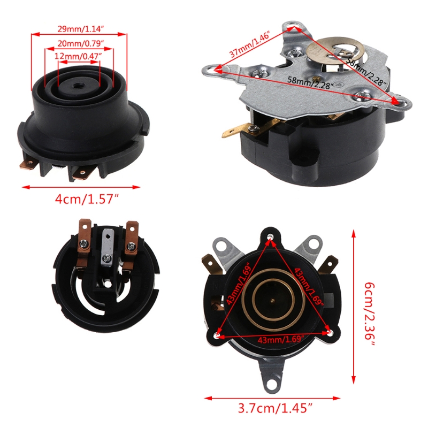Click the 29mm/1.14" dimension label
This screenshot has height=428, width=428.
pyautogui.click(x=81, y=29)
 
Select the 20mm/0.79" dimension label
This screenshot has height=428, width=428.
pyautogui.click(x=81, y=43)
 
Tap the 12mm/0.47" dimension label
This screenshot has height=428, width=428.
pyautogui.click(x=78, y=56)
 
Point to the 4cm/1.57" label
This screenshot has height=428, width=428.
pyautogui.click(x=87, y=200)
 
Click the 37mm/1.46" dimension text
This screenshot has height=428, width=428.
pyautogui.click(x=250, y=44)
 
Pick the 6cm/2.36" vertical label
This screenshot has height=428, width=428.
pyautogui.click(x=370, y=314)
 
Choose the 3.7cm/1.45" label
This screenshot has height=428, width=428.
pyautogui.click(x=275, y=408)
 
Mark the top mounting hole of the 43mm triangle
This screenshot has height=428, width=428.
pyautogui.click(x=270, y=236)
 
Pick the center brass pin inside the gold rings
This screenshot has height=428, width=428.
pyautogui.click(x=272, y=301)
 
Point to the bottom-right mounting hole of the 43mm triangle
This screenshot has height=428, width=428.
pyautogui.click(x=331, y=333)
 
